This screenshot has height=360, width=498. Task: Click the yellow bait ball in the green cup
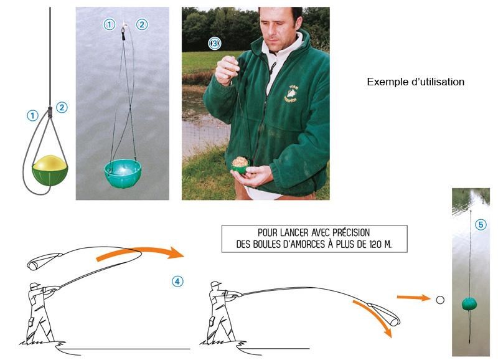pos(50,163)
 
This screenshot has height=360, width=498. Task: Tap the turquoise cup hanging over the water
pos(123,173)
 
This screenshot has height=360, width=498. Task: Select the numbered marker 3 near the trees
pos(215,43)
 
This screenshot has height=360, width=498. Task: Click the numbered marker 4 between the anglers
pos(177,281)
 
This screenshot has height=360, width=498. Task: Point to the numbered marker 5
pos(481,225)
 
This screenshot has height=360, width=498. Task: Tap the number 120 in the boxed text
pos(375,244)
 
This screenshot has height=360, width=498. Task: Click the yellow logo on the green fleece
pos(290,93)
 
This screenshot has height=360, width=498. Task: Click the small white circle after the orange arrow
pos(440,300)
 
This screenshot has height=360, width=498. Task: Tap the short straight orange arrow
pos(413,298)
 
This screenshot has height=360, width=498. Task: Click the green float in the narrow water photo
pos(469,304)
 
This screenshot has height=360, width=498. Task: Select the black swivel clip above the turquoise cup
pos(123,34)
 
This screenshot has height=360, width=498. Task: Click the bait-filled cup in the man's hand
pos(240,165)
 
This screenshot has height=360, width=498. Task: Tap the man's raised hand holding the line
pos(227,70)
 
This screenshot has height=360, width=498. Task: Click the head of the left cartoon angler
pos(35,286)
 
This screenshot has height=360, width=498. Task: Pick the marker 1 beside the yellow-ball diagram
pos(32,116)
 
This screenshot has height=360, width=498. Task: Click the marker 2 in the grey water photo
pos(142,24)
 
